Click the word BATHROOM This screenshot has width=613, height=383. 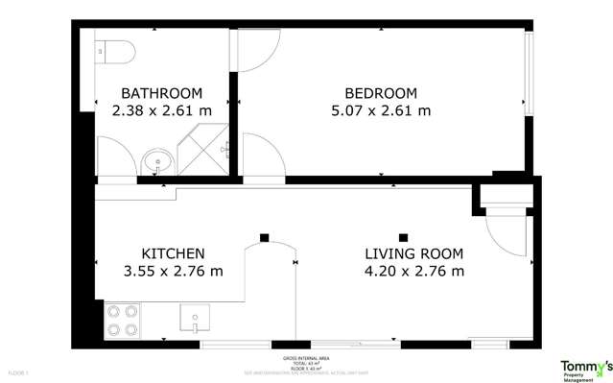[x=161, y=93]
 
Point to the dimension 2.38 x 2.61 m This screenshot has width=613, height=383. [x=161, y=110]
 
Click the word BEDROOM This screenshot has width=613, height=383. [x=381, y=93]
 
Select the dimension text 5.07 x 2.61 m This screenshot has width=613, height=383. [x=381, y=110]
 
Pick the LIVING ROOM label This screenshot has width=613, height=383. [x=413, y=254]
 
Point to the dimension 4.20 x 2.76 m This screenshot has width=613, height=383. [x=413, y=272]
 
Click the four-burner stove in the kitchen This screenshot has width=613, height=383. [x=122, y=320]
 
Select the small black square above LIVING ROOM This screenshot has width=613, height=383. [x=404, y=237]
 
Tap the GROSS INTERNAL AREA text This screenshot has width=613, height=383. [x=306, y=357]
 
